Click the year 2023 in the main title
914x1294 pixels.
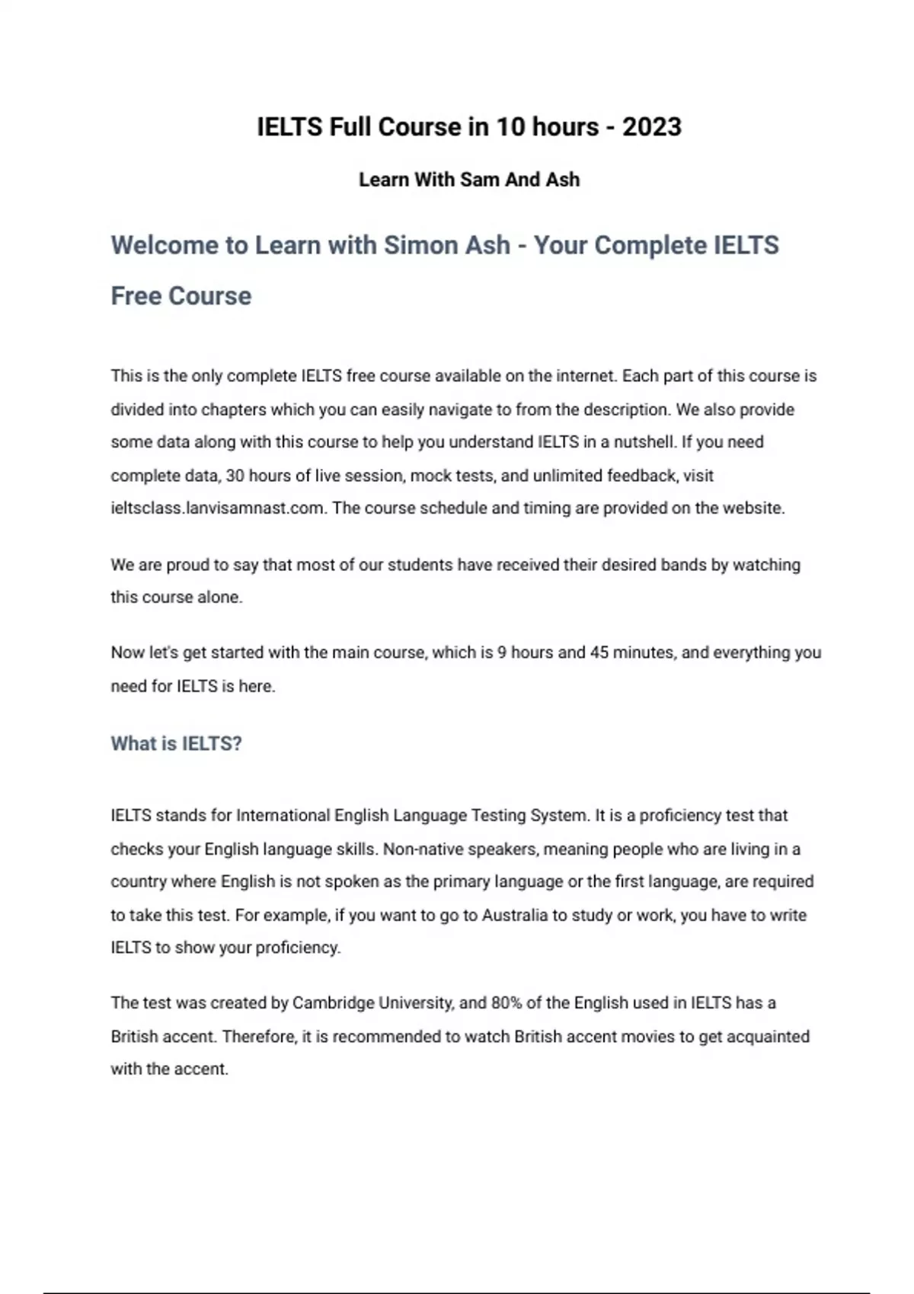[x=651, y=126]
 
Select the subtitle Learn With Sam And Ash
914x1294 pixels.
[x=469, y=180]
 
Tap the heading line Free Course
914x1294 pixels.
[x=181, y=295]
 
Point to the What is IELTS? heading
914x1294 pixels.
[x=176, y=744]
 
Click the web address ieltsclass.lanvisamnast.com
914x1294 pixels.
[x=218, y=508]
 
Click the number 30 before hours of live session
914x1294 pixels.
[x=235, y=476]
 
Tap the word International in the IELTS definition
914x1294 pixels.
[x=284, y=815]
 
